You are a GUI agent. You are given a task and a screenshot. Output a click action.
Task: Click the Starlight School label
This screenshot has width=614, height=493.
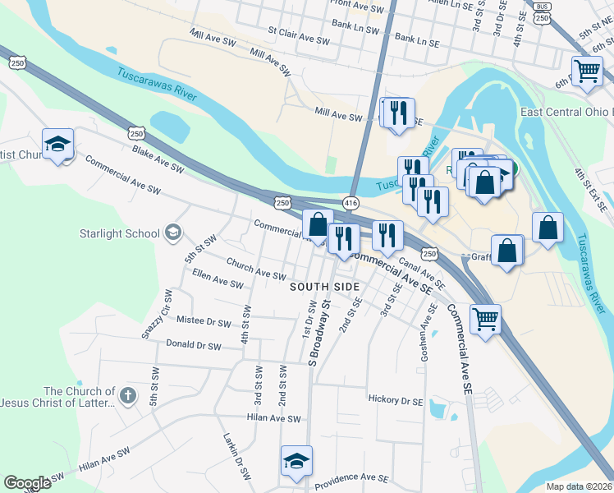coord(119,233)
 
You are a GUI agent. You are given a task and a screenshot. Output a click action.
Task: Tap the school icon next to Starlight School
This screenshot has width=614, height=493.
coord(172,233)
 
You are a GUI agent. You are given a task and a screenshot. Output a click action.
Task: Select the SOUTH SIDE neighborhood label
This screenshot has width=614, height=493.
coord(325,286)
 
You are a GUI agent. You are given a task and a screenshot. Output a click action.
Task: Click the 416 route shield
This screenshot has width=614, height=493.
coord(351,201)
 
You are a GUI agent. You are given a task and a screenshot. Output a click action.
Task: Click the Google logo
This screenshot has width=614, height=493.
coord(27,483)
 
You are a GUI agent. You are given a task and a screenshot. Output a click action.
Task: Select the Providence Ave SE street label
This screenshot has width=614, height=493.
coord(351,477)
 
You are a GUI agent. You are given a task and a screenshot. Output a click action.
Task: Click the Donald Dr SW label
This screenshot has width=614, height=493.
coord(193,347)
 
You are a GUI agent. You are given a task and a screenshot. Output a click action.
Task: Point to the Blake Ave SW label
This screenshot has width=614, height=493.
coord(158,159)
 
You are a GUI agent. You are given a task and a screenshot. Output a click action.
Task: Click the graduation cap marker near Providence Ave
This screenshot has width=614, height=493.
coord(297,461)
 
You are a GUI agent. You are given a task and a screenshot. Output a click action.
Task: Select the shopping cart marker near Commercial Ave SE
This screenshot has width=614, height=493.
coord(486,317)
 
